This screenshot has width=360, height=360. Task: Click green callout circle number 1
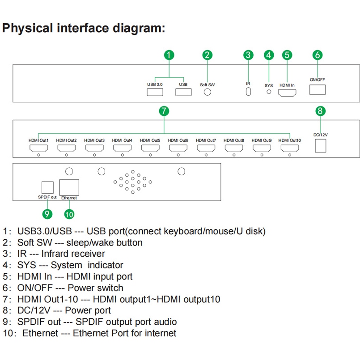(x=169, y=55)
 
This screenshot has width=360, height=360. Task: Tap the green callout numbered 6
(x=318, y=55)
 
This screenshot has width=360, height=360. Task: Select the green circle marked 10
(x=69, y=214)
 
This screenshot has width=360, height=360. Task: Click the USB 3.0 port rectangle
(x=155, y=92)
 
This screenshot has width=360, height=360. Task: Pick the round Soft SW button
(x=208, y=92)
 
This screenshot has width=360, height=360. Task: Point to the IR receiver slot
(x=248, y=91)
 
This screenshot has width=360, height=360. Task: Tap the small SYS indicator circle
(x=269, y=92)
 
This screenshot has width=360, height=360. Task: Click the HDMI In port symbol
(x=287, y=93)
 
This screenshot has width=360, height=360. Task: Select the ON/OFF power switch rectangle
(x=318, y=89)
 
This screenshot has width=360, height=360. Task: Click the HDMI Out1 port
(x=38, y=148)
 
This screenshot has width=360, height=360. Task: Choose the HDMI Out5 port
(x=150, y=148)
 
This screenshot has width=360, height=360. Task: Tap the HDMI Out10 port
(x=290, y=148)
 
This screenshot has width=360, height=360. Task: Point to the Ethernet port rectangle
(x=69, y=186)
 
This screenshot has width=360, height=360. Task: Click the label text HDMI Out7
(x=206, y=140)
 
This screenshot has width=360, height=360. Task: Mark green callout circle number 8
(x=320, y=110)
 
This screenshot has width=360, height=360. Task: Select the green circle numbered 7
(x=164, y=110)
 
